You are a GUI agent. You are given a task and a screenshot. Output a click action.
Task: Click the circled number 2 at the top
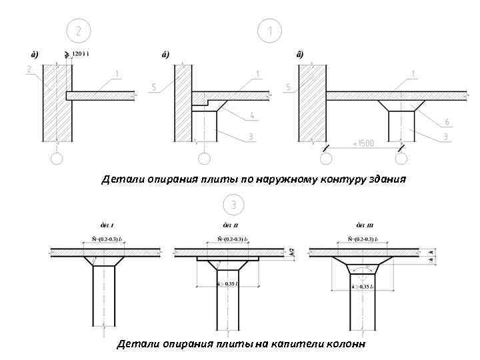tap(79, 31)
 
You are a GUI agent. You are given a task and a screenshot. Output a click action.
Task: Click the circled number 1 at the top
tap(270, 31)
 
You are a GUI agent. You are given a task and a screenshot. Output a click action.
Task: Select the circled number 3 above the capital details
tap(233, 204)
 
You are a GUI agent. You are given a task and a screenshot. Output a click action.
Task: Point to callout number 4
tap(253, 116)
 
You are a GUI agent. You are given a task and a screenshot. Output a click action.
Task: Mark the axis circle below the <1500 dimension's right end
tap(401, 159)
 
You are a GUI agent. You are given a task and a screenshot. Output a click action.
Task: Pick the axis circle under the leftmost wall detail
tap(57, 159)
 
